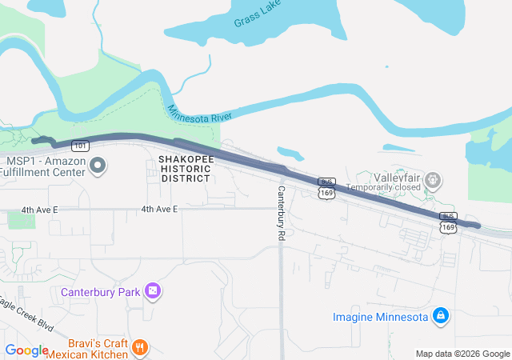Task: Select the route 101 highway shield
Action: [x=80, y=146]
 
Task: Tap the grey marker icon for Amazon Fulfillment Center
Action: [x=98, y=166]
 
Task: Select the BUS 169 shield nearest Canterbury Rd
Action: [x=326, y=188]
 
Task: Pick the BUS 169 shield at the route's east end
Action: [x=448, y=222]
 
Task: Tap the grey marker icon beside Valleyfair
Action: [x=433, y=179]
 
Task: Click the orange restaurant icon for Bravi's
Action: [x=140, y=347]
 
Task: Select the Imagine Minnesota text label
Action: [x=381, y=317]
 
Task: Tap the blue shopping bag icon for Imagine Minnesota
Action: [x=439, y=317]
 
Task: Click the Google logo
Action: [x=26, y=350]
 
